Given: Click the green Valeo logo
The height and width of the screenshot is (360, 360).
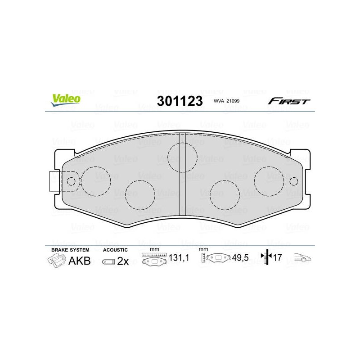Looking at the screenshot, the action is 66,100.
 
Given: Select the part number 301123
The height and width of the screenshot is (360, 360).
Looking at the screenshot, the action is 180,101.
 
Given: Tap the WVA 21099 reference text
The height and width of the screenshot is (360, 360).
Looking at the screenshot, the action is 226,101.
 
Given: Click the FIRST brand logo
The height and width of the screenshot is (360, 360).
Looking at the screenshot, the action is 289,101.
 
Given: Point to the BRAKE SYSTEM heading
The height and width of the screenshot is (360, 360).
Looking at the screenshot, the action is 70,250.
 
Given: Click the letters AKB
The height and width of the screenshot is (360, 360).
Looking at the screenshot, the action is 80,261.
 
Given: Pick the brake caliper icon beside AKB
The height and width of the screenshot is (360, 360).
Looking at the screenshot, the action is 56,261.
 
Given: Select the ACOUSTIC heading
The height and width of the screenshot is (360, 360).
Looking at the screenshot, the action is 115,250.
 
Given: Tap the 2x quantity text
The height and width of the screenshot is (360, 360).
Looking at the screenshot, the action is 123,261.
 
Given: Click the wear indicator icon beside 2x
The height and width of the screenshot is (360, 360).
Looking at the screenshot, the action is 108,262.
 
